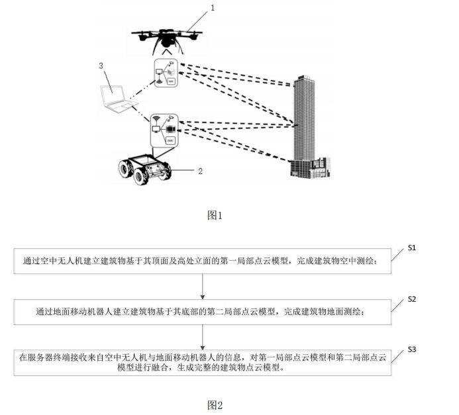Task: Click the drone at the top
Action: click(162, 40)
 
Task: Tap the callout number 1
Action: click(212, 8)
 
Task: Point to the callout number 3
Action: click(101, 66)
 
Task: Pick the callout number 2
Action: click(200, 170)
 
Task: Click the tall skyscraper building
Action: click(306, 119)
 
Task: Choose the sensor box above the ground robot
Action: click(166, 128)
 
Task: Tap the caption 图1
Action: click(216, 215)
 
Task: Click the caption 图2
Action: click(215, 404)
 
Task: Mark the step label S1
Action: click(411, 248)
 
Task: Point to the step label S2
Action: click(411, 299)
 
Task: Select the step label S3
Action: click(411, 349)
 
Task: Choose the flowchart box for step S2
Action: click(202, 311)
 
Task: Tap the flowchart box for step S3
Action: click(202, 363)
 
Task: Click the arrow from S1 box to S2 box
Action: click(202, 287)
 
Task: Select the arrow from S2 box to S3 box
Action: click(202, 336)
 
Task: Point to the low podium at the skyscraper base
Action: click(309, 167)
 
